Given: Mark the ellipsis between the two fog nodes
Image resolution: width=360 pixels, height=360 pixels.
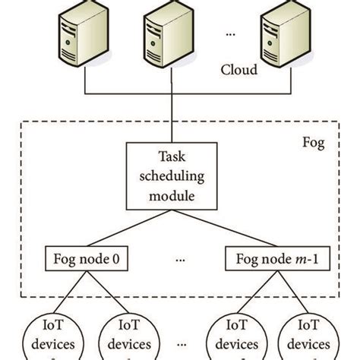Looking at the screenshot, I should [x=181, y=258].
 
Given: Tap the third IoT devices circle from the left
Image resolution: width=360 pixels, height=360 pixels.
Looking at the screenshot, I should [x=231, y=338].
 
